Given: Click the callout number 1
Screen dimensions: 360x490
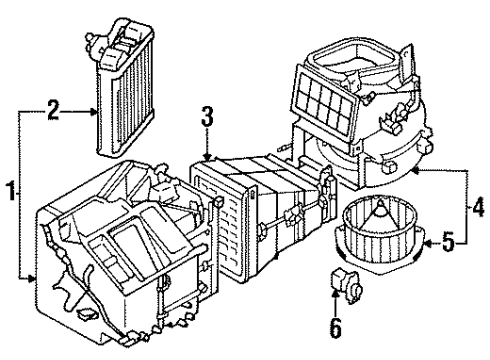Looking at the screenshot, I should click(9, 188).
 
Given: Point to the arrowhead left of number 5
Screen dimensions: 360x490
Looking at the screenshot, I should click(424, 241).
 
